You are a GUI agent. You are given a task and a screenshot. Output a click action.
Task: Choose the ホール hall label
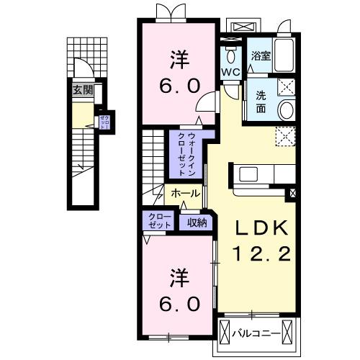tap(186, 194)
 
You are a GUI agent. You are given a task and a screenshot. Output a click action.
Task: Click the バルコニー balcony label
tap(258, 333)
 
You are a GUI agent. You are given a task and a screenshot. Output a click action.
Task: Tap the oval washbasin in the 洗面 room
tap(285, 110)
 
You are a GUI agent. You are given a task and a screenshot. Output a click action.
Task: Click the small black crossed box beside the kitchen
tap(292, 193)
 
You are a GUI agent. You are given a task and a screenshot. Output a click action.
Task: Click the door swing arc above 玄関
tap(84, 71)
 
